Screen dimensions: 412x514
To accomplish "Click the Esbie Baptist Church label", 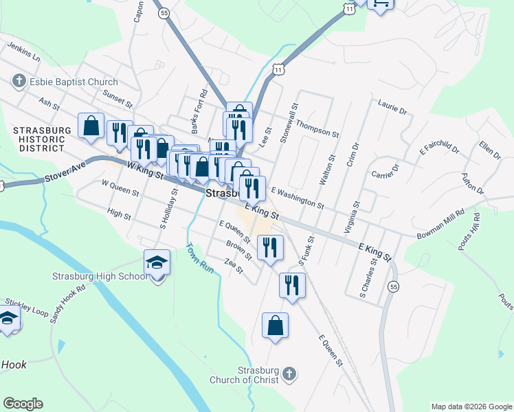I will [x=65, y=82].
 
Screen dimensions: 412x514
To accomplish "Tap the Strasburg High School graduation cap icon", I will [x=157, y=262].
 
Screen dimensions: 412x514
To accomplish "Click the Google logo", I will [x=23, y=404].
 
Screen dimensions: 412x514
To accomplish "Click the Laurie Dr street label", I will [x=392, y=106].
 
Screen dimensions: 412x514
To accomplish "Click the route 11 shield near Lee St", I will [x=278, y=69].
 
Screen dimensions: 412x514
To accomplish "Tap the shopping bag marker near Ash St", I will [x=91, y=126].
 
